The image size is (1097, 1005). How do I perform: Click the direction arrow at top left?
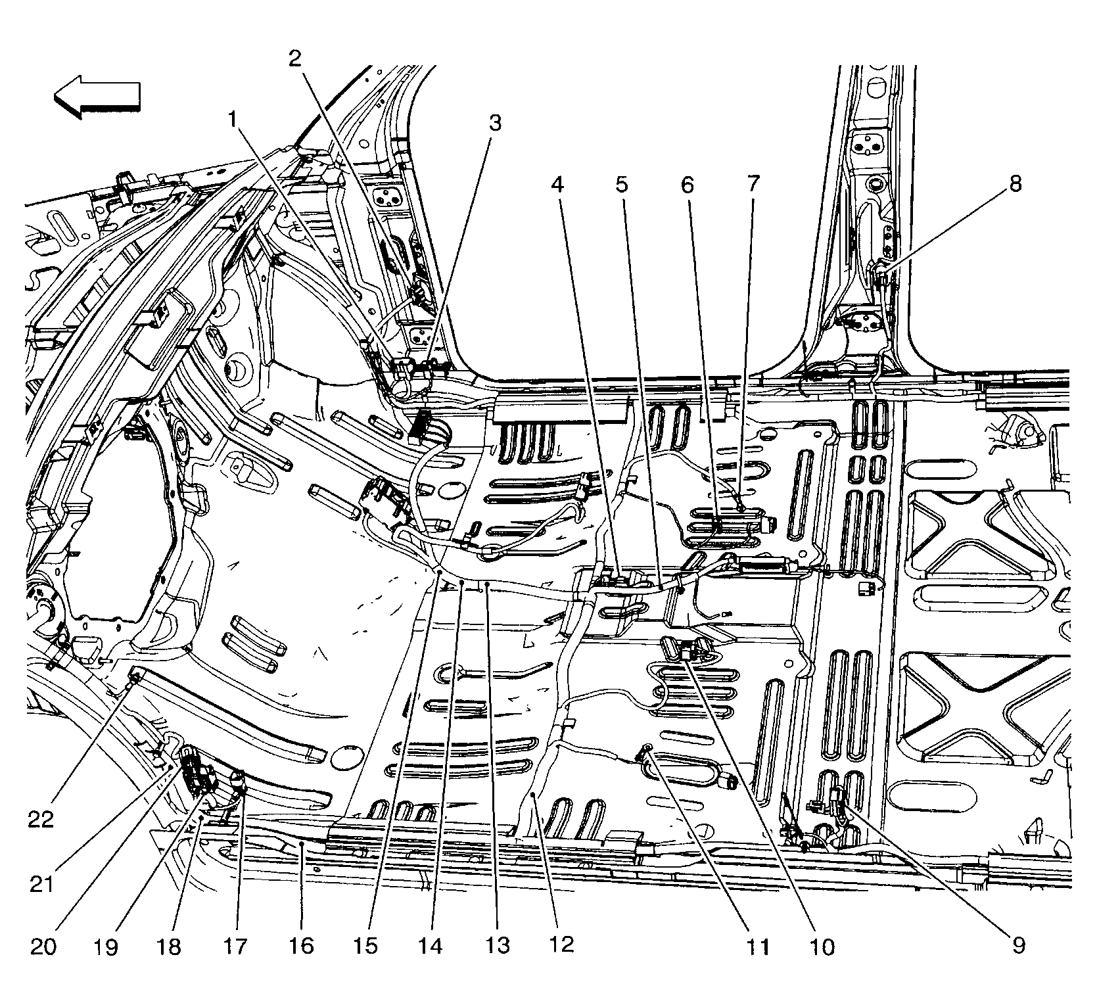point(97,97)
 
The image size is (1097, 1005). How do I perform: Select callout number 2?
point(295,59)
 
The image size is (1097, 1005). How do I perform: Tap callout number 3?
point(494,122)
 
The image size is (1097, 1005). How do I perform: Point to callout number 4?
point(557,185)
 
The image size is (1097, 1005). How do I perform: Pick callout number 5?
point(622,185)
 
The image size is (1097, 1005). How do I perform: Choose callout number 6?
point(686,185)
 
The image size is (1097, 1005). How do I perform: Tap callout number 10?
point(822,947)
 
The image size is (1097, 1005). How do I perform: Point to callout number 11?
point(757,947)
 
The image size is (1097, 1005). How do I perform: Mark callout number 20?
point(43,947)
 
